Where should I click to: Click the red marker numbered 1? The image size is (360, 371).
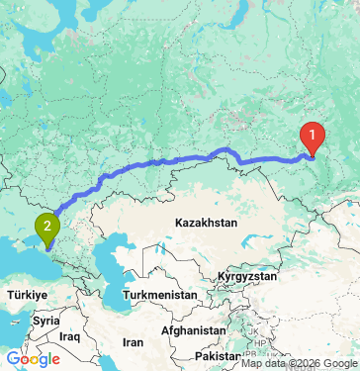312,136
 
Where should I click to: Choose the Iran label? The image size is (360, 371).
133,341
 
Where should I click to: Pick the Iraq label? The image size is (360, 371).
68,336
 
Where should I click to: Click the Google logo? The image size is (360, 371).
32,359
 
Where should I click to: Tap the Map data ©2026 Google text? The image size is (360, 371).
301,363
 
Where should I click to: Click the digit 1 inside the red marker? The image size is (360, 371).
312,134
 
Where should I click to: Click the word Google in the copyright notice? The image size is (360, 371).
338,363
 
